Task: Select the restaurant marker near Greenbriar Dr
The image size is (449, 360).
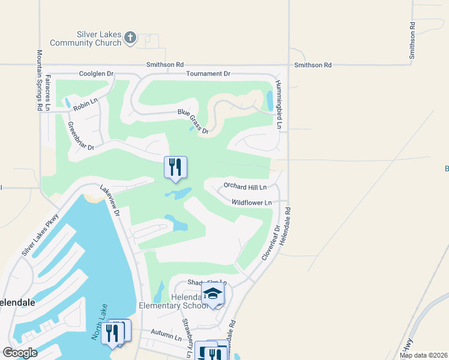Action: (x=175, y=167)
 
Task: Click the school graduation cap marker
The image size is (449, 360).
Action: (x=212, y=294)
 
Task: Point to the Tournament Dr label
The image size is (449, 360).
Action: (x=208, y=74)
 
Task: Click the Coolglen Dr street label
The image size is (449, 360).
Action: (x=96, y=74)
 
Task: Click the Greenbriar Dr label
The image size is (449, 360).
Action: (x=81, y=137)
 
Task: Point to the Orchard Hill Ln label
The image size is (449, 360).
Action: (x=245, y=187)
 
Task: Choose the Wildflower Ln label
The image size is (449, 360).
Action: (x=252, y=203)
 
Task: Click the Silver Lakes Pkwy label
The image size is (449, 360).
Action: (x=40, y=235)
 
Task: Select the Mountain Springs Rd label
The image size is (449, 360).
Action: (x=40, y=80)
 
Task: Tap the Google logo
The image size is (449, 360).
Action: (x=20, y=353)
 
